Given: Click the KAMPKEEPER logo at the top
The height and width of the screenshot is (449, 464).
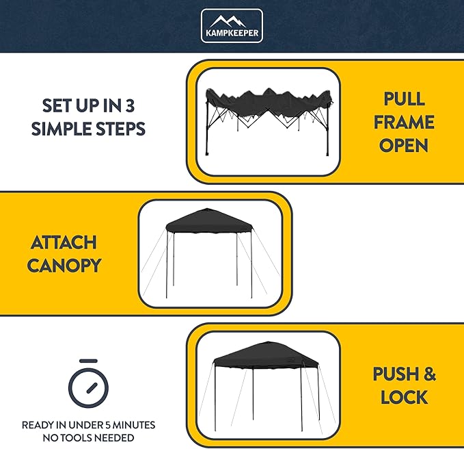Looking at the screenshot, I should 232,25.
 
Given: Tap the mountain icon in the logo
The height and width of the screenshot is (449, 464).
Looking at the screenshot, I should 232,20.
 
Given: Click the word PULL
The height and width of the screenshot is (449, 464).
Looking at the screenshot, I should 404,99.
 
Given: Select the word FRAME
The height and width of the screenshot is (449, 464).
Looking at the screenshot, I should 404,122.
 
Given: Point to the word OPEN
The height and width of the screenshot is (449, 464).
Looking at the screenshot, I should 404,145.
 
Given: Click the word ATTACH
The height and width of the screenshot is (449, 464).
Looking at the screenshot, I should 64,242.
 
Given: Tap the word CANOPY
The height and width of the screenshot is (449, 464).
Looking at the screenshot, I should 64,266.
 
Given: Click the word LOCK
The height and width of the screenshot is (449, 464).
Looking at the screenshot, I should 404,397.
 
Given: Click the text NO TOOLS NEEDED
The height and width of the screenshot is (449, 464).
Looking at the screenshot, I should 88,437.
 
